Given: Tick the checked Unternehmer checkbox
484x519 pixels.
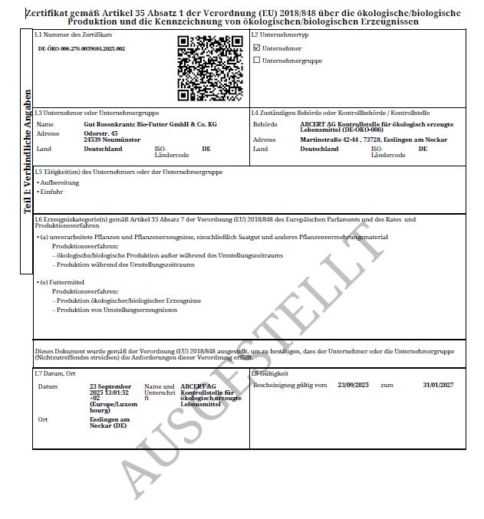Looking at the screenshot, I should pos(257,48).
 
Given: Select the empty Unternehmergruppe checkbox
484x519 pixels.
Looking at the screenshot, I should pos(257,60).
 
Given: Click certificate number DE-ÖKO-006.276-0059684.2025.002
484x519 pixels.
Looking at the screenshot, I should pos(81,48).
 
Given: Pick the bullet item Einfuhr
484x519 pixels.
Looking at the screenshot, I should pos(54,192).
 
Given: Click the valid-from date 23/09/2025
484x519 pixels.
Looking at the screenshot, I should pos(354,385).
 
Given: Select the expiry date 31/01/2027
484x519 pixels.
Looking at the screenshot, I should pos(438,385).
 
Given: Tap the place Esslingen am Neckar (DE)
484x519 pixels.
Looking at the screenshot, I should pos(110,422).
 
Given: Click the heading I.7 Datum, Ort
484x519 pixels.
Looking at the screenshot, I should pos(55,373).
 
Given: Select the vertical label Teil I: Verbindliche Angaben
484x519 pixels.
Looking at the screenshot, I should pos(27,161).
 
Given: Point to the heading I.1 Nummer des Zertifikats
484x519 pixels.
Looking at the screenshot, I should pos(74,36).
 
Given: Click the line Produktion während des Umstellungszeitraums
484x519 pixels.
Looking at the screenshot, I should pos(126,264).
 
